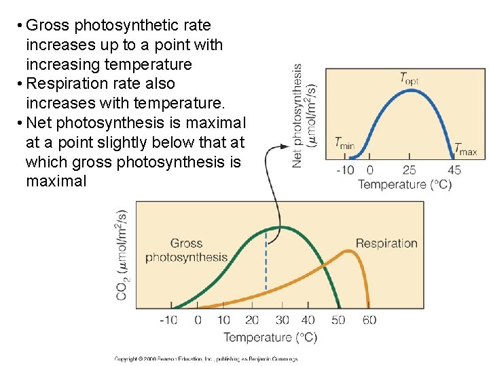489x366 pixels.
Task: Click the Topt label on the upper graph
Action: point(408,78)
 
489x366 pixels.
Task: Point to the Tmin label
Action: point(344,144)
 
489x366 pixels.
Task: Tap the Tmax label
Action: point(465,149)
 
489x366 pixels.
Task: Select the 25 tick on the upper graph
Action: point(409,169)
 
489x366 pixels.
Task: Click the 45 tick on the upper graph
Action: point(454,169)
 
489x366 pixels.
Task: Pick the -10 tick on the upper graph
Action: point(346,169)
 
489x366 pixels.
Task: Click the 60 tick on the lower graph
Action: point(369,320)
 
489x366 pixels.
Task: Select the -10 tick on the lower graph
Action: point(168,320)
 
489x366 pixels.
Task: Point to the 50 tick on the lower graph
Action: point(338,320)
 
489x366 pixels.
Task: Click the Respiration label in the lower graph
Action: point(386,243)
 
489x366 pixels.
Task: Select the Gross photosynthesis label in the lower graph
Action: point(186,250)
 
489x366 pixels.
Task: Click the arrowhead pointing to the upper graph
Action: point(285,146)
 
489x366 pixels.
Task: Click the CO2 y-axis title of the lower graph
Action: point(122,254)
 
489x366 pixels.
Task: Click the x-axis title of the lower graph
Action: point(270,337)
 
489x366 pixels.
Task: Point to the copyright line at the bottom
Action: point(205,359)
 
